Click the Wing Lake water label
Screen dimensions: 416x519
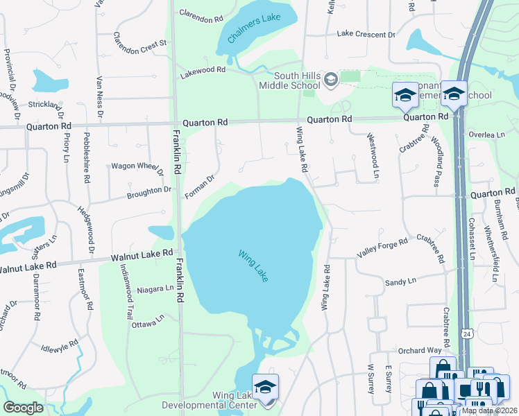point(253,266)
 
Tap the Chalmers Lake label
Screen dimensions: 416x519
point(254,27)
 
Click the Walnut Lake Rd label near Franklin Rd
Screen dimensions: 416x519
point(142,255)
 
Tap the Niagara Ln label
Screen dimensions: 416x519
point(154,289)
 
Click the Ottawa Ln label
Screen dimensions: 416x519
point(148,322)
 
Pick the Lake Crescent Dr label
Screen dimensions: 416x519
point(366,34)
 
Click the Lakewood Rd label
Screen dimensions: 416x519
point(203,70)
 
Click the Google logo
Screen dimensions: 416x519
point(23,408)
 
